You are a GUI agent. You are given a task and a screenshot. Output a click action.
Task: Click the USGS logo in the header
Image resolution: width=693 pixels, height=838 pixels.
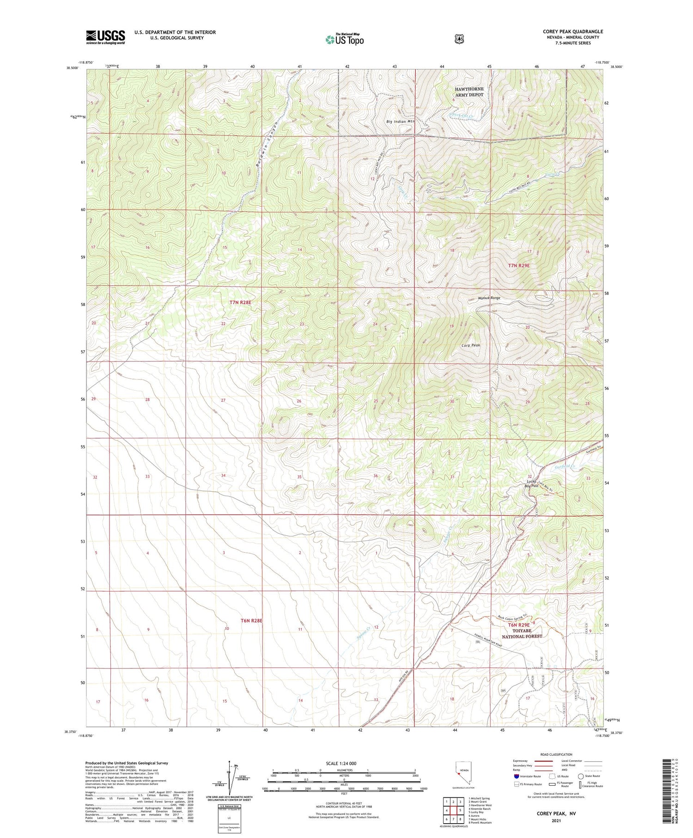point(105,37)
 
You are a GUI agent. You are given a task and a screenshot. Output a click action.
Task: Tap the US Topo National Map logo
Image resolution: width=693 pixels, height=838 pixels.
point(345,39)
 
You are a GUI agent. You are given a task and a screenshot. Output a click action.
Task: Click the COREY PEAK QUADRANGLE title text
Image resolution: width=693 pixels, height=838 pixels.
point(572,31)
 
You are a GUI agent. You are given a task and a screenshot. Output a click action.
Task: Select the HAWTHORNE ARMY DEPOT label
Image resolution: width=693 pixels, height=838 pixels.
point(469,92)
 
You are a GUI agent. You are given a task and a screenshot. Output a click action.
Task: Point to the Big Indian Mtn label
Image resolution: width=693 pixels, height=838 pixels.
point(401,122)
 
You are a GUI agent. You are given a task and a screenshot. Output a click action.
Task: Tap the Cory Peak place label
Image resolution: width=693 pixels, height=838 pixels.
point(471,345)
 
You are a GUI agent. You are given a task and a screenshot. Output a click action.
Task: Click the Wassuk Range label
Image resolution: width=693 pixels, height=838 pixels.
point(489,298)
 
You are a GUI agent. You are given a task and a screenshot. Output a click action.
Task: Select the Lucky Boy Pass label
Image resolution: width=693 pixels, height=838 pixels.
point(531,483)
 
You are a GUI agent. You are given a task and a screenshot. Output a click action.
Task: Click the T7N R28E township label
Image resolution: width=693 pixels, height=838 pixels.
point(241,302)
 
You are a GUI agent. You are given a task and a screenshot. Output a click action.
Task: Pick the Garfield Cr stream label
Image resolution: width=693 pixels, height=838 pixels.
point(566,467)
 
